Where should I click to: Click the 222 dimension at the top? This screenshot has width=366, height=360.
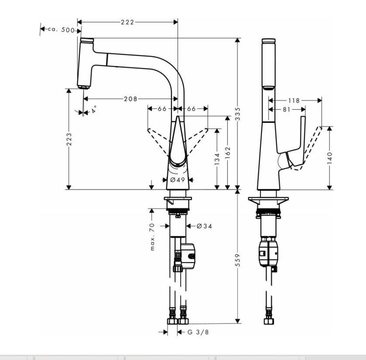point(128,22)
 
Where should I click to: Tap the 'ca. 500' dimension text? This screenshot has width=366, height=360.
point(61,30)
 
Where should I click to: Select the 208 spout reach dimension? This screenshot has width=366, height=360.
point(131,99)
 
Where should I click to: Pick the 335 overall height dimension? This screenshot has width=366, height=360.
point(238,114)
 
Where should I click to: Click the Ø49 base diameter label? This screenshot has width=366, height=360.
point(177,180)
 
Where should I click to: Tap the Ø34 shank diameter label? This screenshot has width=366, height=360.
point(204,226)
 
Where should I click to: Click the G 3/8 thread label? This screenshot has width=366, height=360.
point(198,332)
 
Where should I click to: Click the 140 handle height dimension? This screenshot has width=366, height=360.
point(329,157)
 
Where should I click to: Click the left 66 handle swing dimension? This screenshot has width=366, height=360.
point(162,109)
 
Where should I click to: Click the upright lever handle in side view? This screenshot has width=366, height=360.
point(302,136)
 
